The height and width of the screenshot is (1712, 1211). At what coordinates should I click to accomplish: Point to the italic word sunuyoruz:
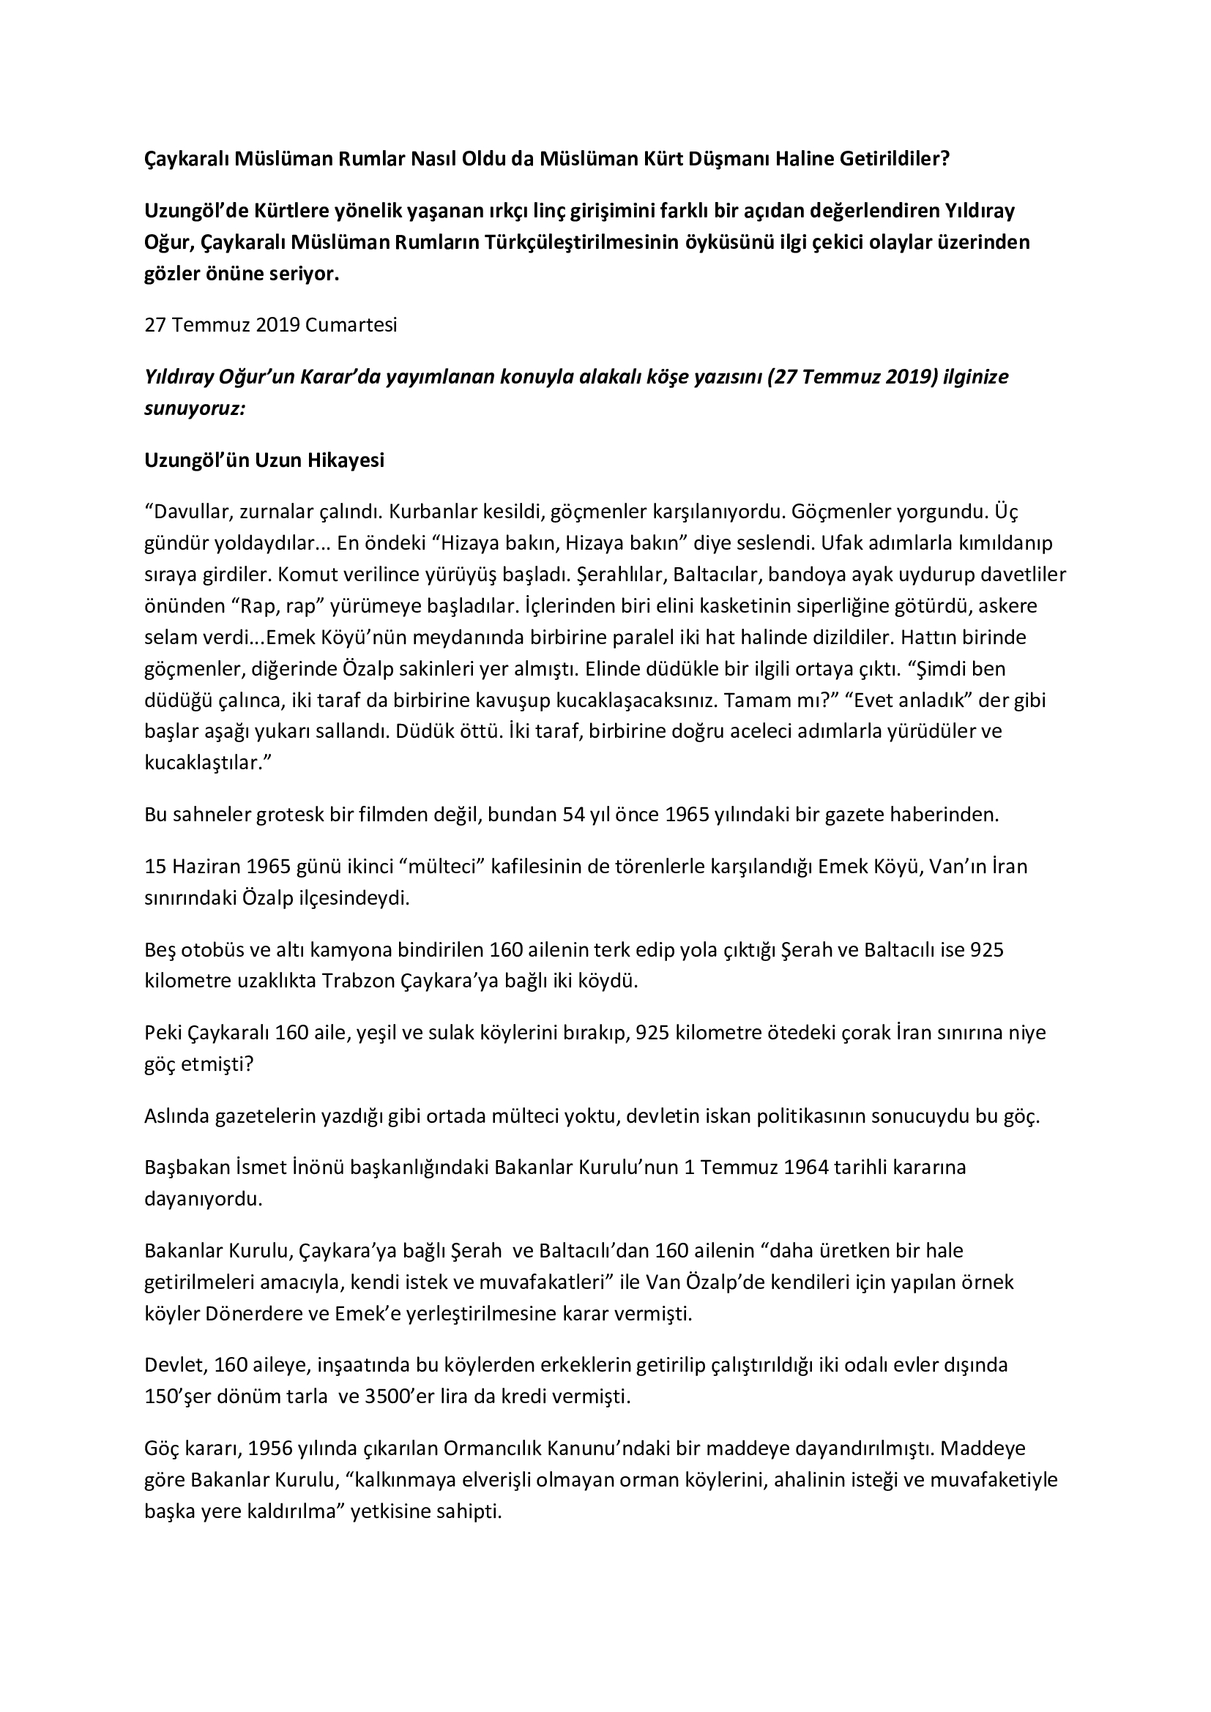point(195,408)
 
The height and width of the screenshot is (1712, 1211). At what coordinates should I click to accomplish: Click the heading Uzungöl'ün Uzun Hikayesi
point(264,460)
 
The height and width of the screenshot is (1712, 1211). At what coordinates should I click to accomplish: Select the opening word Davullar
point(190,512)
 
